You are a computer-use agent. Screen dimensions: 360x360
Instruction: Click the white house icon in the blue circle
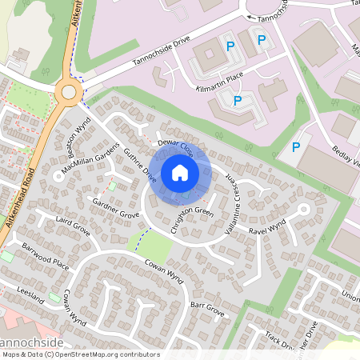[180, 172]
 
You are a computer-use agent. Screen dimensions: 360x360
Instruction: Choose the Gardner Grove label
[117, 209]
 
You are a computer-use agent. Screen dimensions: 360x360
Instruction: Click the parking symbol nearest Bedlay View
[296, 146]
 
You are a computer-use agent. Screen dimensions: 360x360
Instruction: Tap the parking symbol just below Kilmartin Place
[237, 101]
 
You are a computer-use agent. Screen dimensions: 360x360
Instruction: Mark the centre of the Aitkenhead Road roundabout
[69, 92]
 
